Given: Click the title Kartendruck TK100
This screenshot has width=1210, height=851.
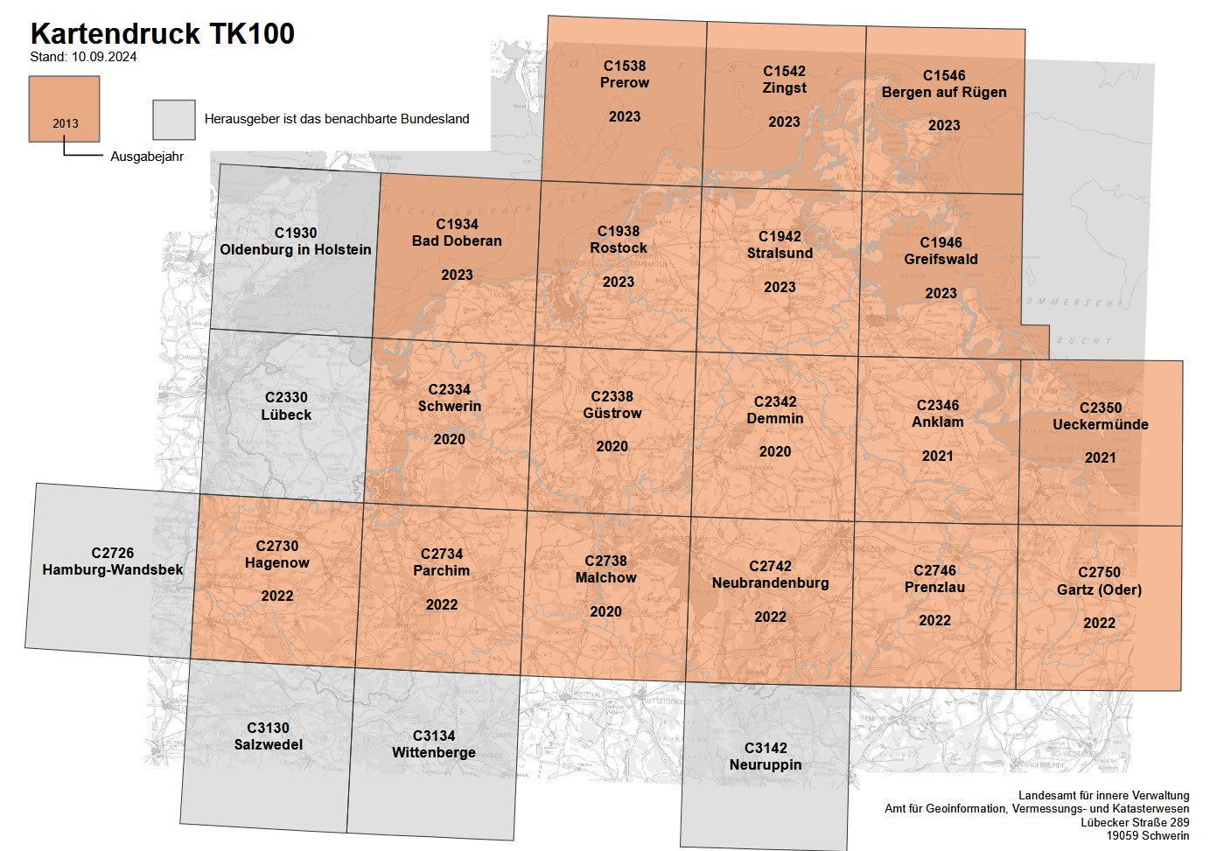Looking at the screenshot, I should pyautogui.click(x=162, y=34).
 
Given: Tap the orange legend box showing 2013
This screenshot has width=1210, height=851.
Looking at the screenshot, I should pyautogui.click(x=64, y=108).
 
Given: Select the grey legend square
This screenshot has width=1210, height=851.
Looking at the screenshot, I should pyautogui.click(x=173, y=119).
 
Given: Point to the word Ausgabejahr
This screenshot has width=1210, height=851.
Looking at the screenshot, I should pyautogui.click(x=147, y=157).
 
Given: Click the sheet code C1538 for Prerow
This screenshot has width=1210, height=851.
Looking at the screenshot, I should pyautogui.click(x=625, y=66).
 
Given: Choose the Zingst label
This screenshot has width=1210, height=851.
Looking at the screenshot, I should pyautogui.click(x=784, y=87).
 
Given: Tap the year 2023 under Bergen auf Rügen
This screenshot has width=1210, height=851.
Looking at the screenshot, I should pyautogui.click(x=944, y=125).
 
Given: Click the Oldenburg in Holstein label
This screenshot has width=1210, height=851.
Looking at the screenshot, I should pyautogui.click(x=296, y=249).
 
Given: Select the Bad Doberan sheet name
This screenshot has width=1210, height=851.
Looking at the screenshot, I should pyautogui.click(x=457, y=241).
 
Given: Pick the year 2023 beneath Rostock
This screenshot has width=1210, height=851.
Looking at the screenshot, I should pyautogui.click(x=619, y=282).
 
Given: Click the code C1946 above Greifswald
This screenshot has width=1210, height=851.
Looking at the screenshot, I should pyautogui.click(x=941, y=242).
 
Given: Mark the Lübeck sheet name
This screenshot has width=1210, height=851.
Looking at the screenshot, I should pyautogui.click(x=286, y=415).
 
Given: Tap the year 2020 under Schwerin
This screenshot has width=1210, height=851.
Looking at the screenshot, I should pyautogui.click(x=449, y=439).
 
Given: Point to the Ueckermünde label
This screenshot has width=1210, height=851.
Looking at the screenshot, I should pyautogui.click(x=1100, y=424).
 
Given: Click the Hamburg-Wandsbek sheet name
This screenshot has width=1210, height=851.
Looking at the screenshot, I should pyautogui.click(x=113, y=569).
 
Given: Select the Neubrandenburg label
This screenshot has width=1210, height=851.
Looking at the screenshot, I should pyautogui.click(x=770, y=582).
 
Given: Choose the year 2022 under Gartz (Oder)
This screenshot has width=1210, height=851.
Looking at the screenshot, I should pyautogui.click(x=1099, y=623).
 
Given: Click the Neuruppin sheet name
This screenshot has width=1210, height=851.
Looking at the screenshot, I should pyautogui.click(x=766, y=764).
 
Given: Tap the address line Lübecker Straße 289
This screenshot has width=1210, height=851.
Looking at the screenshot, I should pyautogui.click(x=1135, y=822).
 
